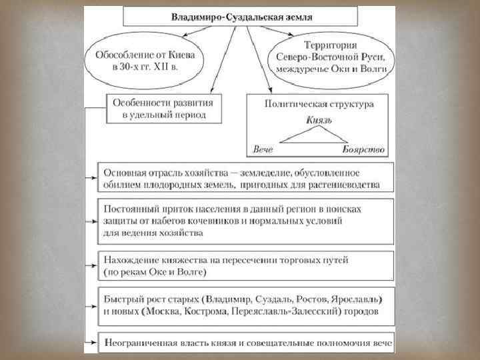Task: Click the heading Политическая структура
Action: point(319,104)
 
